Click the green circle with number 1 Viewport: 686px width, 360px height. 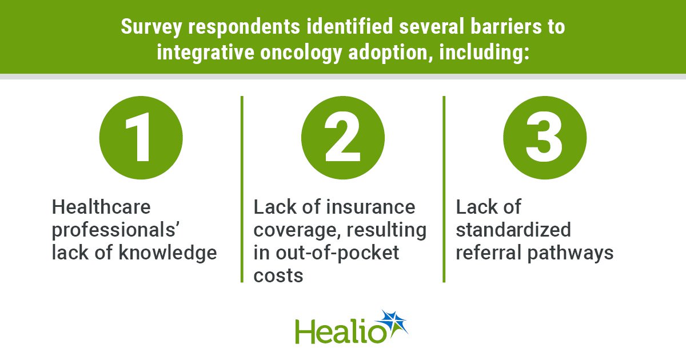(141, 138)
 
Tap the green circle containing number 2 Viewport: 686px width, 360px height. (342, 138)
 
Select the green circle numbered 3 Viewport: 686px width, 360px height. (545, 138)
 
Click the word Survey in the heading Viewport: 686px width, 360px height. (151, 27)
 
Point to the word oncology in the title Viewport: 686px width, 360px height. (301, 53)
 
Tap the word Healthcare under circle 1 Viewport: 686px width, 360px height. (101, 207)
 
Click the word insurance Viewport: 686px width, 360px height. (370, 207)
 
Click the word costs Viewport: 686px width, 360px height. (278, 276)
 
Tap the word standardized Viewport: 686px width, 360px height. (513, 230)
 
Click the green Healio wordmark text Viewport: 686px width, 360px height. (341, 332)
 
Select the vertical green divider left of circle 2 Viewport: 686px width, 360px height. (242, 189)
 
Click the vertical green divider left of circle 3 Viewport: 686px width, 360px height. (444, 189)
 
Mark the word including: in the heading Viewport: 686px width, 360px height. (484, 53)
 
